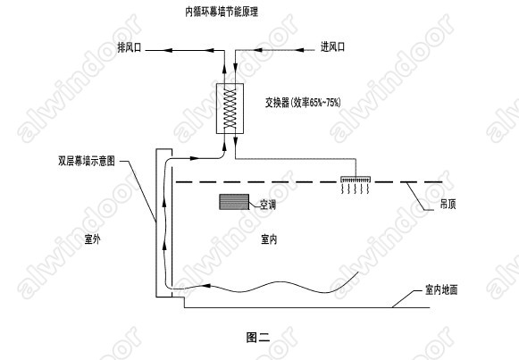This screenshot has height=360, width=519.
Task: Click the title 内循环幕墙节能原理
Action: coord(222,12)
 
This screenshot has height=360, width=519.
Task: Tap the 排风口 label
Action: coord(130,47)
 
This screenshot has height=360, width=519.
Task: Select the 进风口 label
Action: coord(332,47)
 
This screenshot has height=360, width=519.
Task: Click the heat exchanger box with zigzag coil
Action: coord(230,108)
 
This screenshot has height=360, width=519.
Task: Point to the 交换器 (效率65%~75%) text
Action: coord(303,103)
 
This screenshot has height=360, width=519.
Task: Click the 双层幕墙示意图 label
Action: coord(87,161)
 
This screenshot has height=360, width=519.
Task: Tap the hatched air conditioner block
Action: coord(234,202)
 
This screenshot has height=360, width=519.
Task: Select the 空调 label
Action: coord(268,205)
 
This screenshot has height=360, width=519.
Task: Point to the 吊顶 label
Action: coord(448,205)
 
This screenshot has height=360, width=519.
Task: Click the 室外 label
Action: coord(92,239)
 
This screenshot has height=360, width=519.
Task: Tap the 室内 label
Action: coord(269,239)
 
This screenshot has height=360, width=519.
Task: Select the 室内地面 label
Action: coord(441,289)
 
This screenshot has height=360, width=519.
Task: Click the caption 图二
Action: coord(258,337)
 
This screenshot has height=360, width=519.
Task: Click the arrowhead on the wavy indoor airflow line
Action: coord(205,285)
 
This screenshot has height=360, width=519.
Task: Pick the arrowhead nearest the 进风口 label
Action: coord(299,50)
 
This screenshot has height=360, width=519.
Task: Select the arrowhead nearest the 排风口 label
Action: coord(168,50)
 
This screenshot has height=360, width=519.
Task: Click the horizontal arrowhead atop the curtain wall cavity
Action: coord(195,158)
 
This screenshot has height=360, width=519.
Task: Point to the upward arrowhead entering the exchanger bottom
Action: coord(225,146)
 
